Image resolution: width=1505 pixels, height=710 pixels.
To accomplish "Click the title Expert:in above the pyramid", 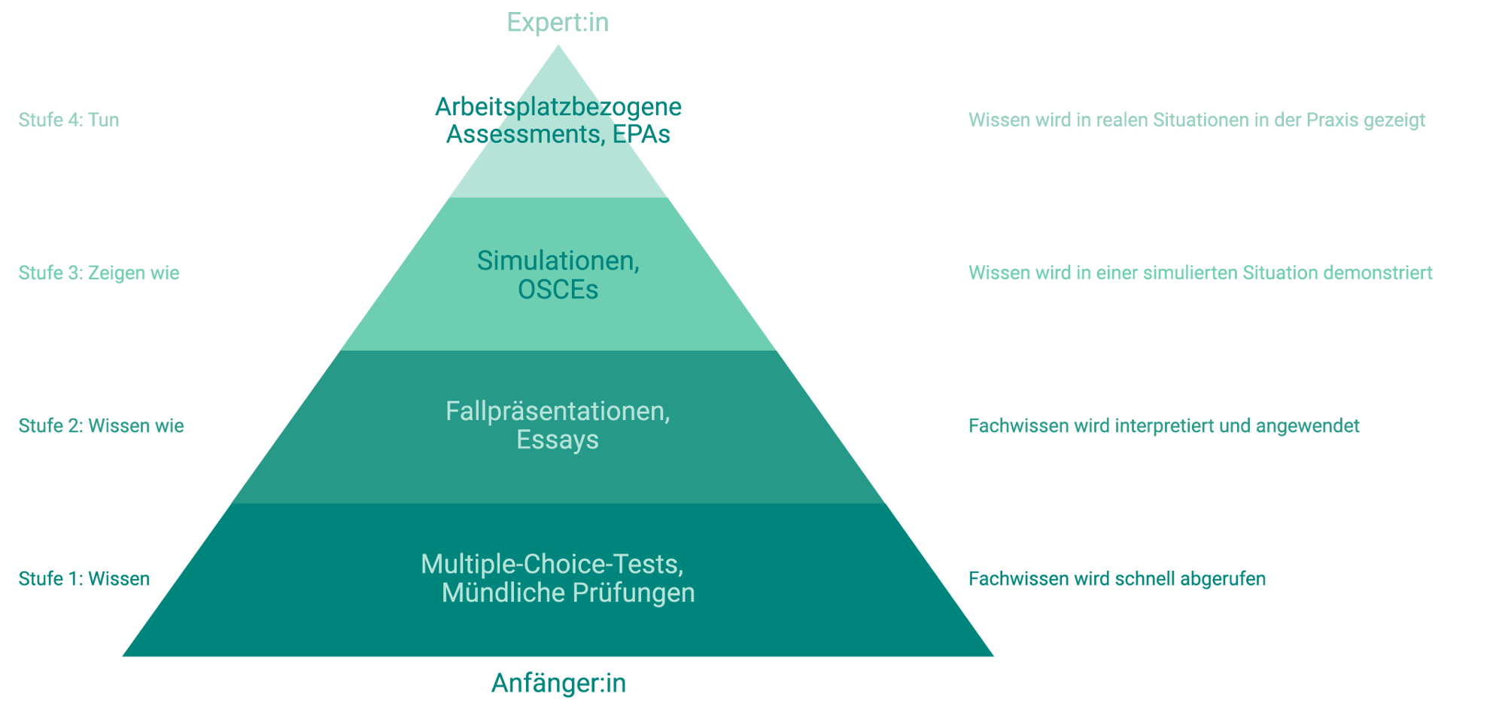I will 558,23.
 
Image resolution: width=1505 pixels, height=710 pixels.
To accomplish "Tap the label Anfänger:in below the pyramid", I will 558,683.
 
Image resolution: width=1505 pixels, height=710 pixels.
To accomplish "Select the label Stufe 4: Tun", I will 68,120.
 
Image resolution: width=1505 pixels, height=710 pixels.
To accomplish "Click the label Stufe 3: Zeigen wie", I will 99,273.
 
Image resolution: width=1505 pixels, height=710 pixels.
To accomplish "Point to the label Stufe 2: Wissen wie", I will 101,425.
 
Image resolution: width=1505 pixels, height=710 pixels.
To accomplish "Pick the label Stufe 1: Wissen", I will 84,578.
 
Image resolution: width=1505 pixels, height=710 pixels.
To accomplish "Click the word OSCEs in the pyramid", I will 558,290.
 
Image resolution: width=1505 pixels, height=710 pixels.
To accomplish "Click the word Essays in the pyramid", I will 558,440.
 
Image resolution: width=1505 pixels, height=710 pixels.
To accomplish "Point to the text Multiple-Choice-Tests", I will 552,564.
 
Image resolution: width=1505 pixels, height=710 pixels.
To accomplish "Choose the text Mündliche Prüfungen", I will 568,593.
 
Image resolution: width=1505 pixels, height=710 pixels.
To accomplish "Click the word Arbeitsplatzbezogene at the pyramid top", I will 558,107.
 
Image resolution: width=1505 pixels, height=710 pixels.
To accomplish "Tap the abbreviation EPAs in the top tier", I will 641,134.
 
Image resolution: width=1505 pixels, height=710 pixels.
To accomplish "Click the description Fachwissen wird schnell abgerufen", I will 1117,578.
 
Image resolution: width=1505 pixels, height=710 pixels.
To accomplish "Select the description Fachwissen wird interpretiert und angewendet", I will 1163,425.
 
